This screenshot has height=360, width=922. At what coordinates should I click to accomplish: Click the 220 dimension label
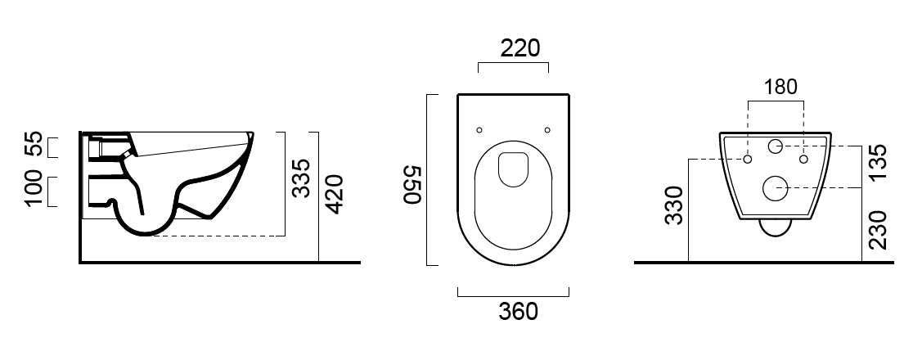coord(519,48)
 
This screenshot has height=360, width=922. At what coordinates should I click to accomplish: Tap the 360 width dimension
coord(518,311)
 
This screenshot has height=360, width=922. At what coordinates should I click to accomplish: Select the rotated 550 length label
coord(413,184)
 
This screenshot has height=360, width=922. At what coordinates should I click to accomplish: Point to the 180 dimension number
coord(780,87)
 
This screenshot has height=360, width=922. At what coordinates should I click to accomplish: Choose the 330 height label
coord(674,205)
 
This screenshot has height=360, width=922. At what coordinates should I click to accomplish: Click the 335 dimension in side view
coord(301,178)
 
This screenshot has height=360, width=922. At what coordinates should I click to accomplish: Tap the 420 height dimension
coord(334,194)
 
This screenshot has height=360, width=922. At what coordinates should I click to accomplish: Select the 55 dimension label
coord(34,145)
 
